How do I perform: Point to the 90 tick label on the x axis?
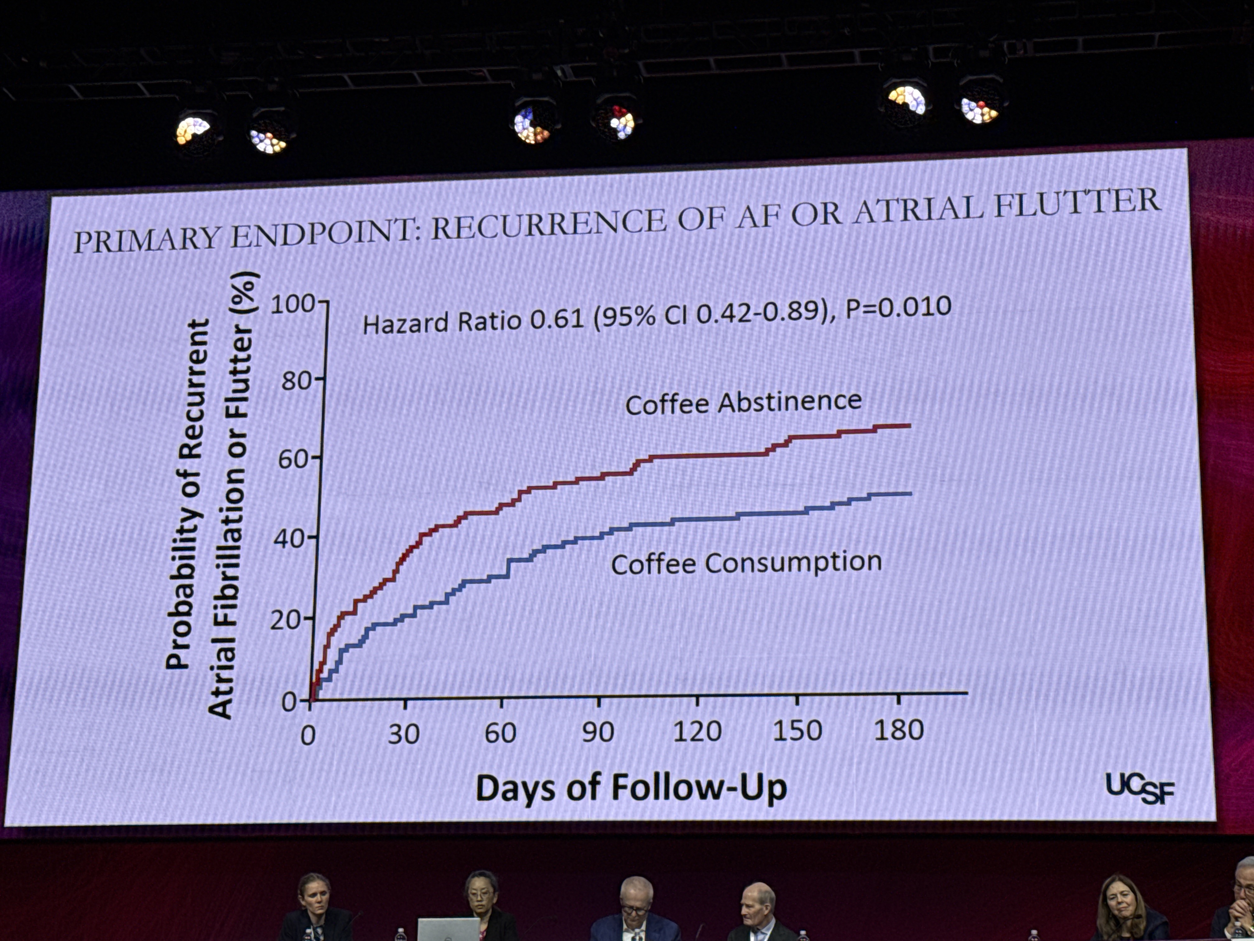(x=598, y=732)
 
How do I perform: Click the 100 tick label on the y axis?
(x=292, y=305)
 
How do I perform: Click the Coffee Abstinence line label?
(x=743, y=403)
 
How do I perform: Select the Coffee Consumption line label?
(x=746, y=563)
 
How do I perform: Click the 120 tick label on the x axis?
(x=697, y=732)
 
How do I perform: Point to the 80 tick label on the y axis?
(x=296, y=381)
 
